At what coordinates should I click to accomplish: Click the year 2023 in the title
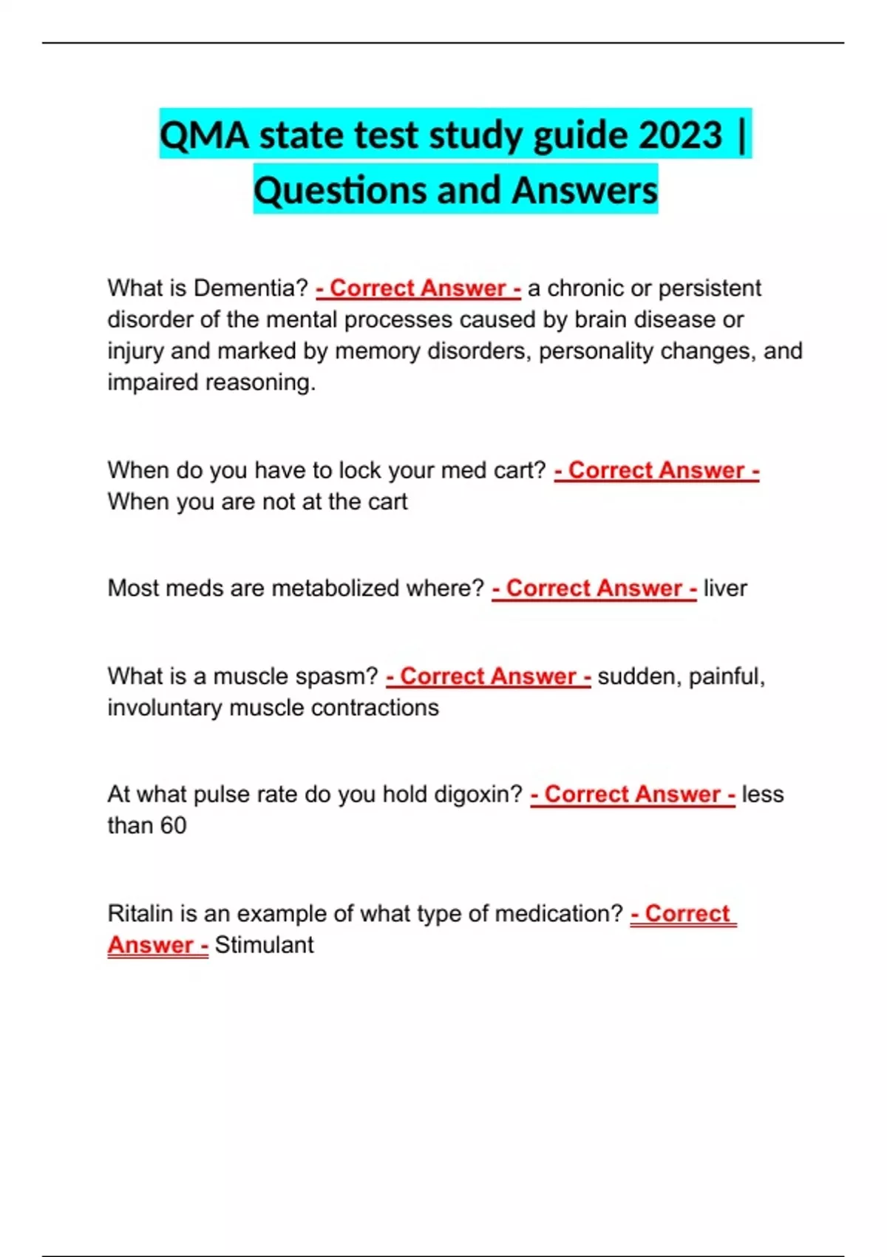(x=680, y=135)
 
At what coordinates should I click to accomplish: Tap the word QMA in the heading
(x=204, y=135)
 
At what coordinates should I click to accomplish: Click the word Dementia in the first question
(x=251, y=288)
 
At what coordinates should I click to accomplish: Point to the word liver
(x=725, y=588)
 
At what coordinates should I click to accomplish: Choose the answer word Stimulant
(x=264, y=945)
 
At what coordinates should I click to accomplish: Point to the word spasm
(x=336, y=676)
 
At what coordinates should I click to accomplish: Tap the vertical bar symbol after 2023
(x=741, y=135)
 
